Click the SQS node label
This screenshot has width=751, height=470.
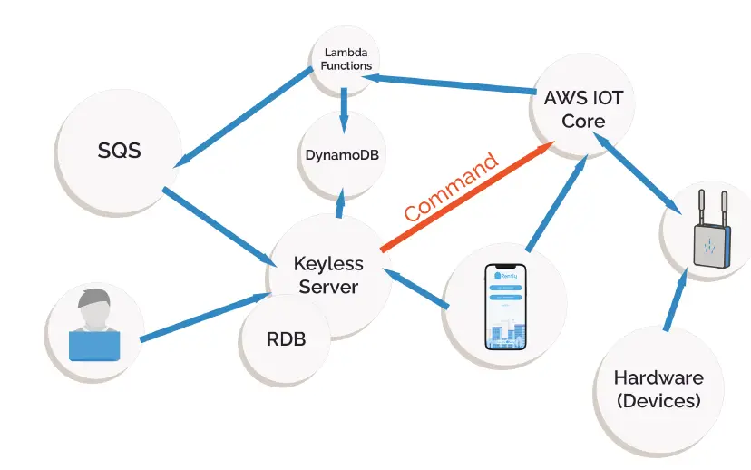click(120, 151)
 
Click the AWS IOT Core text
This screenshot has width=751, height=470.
click(583, 108)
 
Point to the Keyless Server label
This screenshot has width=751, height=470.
click(328, 275)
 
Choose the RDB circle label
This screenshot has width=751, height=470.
click(286, 340)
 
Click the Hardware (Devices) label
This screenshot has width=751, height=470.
click(658, 388)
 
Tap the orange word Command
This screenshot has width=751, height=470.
click(451, 189)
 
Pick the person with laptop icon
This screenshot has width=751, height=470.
click(95, 326)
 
